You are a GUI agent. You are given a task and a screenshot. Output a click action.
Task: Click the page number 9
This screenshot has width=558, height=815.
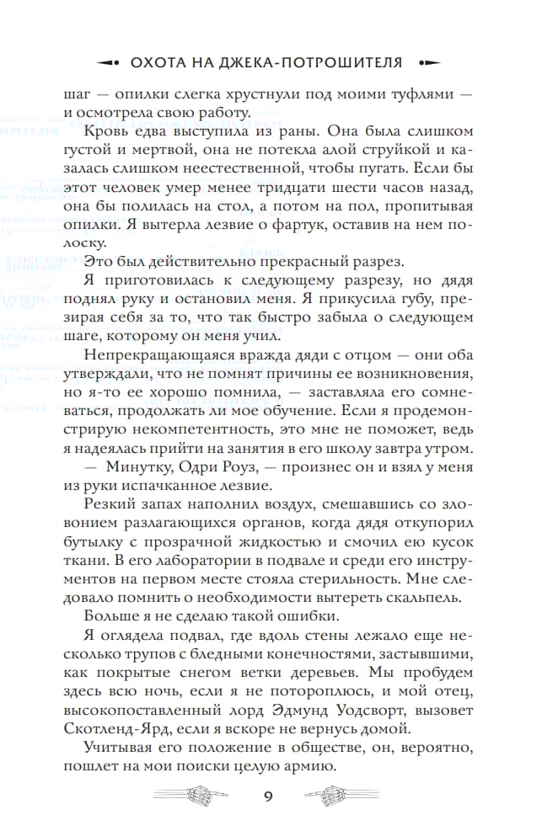click(x=267, y=795)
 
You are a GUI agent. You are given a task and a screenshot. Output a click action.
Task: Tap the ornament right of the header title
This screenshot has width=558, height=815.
click(x=428, y=62)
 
